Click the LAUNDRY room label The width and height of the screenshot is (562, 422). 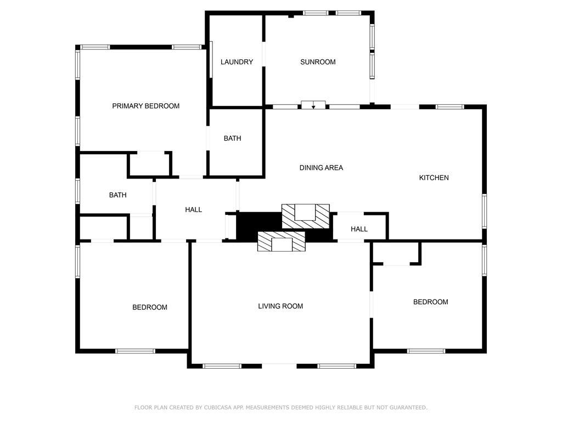pyautogui.click(x=237, y=62)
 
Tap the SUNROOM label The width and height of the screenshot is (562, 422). pyautogui.click(x=318, y=62)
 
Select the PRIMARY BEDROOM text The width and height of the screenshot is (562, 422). pyautogui.click(x=145, y=106)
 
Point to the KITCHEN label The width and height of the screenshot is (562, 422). pyautogui.click(x=434, y=177)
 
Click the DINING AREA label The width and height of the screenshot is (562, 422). pyautogui.click(x=321, y=168)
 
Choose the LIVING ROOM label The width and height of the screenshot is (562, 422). pyautogui.click(x=280, y=306)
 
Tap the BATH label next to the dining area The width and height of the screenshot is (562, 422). pyautogui.click(x=232, y=138)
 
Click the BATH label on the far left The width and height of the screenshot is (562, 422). pyautogui.click(x=117, y=195)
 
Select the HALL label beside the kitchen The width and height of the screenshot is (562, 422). pyautogui.click(x=359, y=229)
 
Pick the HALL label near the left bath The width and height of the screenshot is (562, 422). pyautogui.click(x=193, y=209)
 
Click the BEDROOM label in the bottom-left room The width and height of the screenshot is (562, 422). pyautogui.click(x=149, y=307)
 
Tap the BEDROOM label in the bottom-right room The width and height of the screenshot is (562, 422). pyautogui.click(x=430, y=302)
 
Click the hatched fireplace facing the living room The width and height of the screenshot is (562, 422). pyautogui.click(x=282, y=241)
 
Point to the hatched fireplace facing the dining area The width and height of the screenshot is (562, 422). pyautogui.click(x=306, y=215)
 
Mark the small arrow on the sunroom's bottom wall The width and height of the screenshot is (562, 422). pyautogui.click(x=313, y=106)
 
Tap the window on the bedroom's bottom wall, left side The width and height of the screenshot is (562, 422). pyautogui.click(x=135, y=351)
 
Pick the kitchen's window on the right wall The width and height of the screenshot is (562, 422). pyautogui.click(x=484, y=210)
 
